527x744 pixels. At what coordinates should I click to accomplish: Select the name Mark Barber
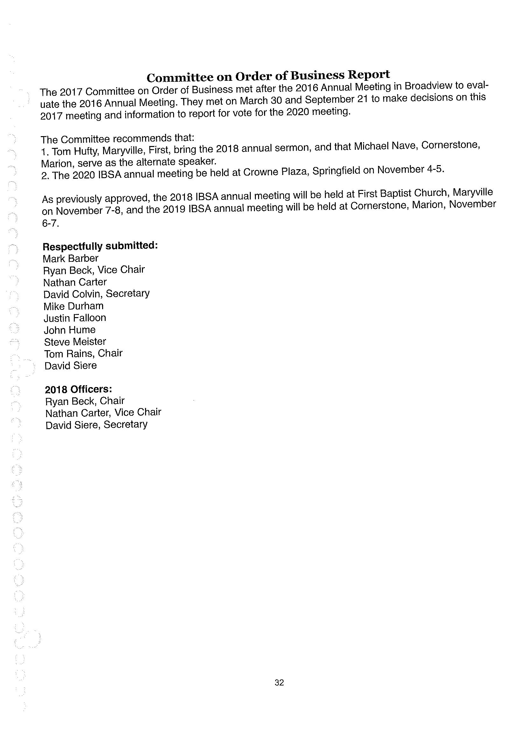tap(70, 259)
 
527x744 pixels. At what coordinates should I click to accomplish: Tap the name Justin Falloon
tap(75, 318)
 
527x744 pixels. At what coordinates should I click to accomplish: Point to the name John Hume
tap(70, 330)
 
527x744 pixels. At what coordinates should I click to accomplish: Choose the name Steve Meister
tap(75, 342)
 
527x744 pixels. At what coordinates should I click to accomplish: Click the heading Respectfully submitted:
tap(100, 246)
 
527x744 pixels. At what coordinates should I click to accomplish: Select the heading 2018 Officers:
tap(79, 389)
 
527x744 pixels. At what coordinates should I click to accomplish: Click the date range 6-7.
tap(51, 224)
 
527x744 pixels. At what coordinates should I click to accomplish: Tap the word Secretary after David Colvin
tap(128, 294)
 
